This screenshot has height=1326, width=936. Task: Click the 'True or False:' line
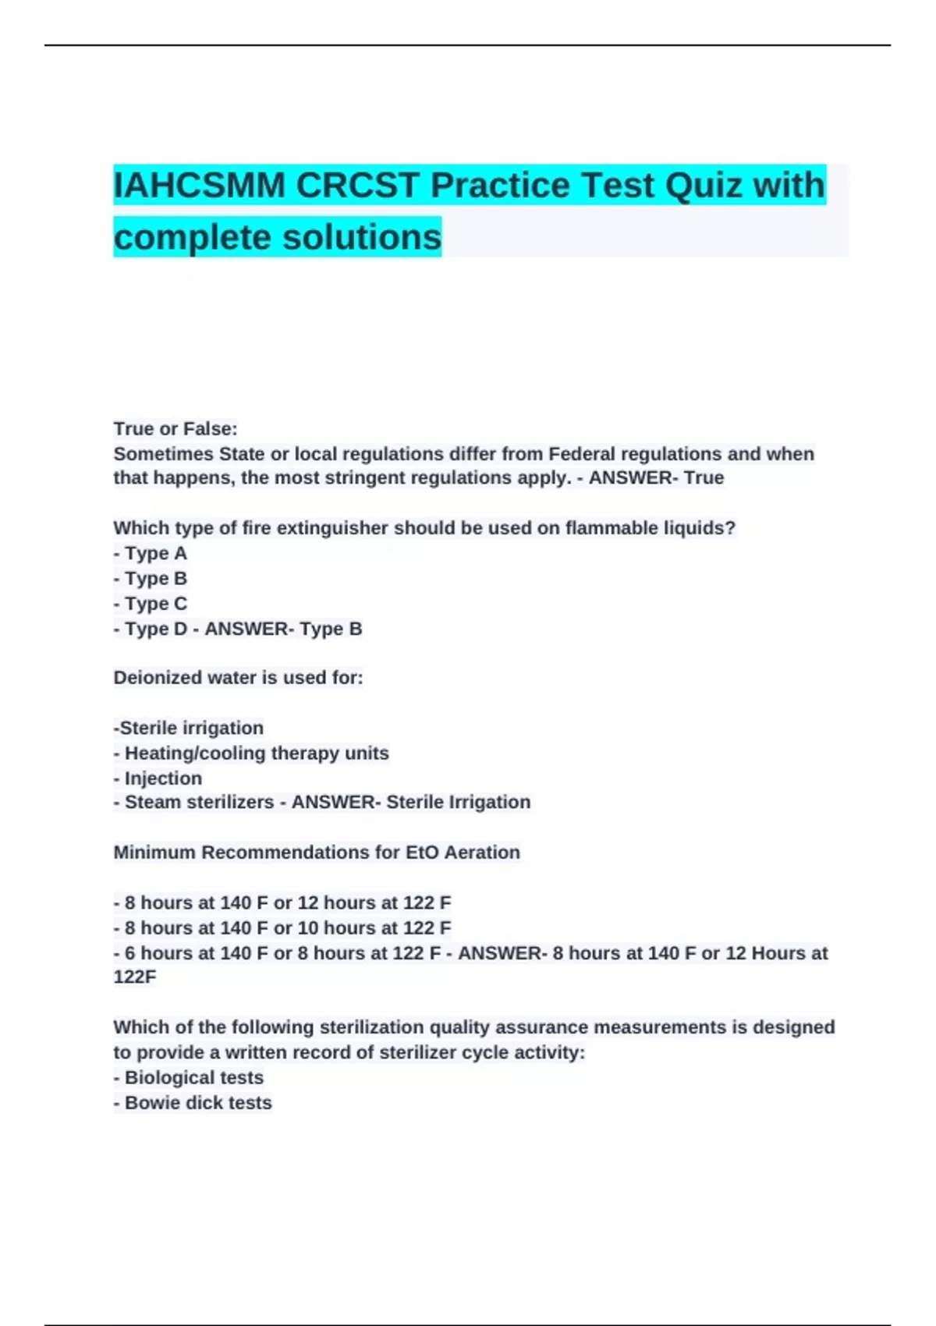click(175, 429)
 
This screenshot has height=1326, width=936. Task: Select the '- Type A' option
click(151, 554)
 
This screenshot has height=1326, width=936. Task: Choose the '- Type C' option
click(151, 604)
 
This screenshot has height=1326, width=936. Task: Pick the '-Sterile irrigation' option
click(189, 728)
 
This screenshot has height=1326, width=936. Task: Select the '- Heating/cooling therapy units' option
click(251, 753)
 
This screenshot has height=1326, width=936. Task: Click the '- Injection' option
click(158, 778)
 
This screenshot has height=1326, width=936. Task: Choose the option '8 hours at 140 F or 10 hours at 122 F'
click(282, 928)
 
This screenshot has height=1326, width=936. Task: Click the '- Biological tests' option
click(189, 1078)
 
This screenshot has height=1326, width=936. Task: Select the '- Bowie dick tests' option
click(193, 1103)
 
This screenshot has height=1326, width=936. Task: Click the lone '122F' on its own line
click(135, 977)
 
